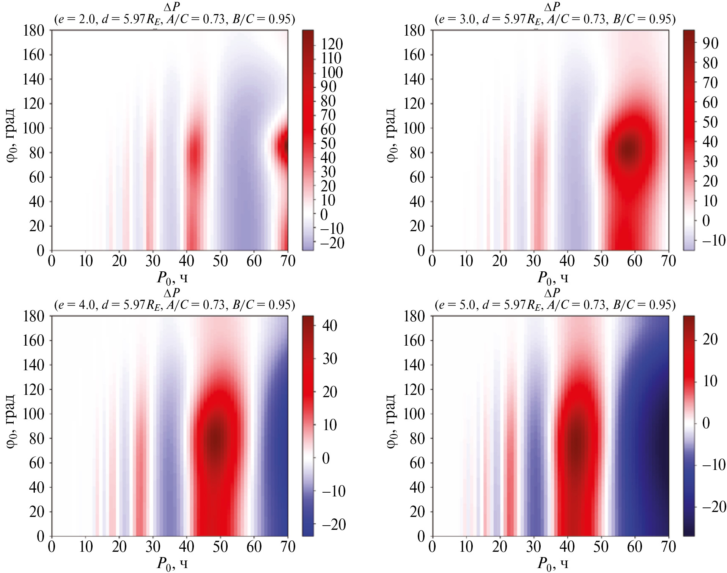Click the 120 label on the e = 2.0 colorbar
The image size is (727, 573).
332,44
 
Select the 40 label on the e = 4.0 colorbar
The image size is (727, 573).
329,326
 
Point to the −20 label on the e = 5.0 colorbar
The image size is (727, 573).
714,507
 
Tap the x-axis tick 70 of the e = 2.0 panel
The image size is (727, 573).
288,261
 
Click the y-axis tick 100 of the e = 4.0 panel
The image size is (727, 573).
33,413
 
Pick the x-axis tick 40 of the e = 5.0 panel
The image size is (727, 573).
567,546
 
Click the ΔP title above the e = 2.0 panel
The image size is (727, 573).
172,7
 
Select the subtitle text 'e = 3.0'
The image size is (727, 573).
456,19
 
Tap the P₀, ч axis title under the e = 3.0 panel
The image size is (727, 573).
552,278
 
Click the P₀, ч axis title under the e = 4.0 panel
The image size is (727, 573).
172,564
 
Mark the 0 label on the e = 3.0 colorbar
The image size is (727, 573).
706,221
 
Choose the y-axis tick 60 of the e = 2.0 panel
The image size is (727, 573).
36,177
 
